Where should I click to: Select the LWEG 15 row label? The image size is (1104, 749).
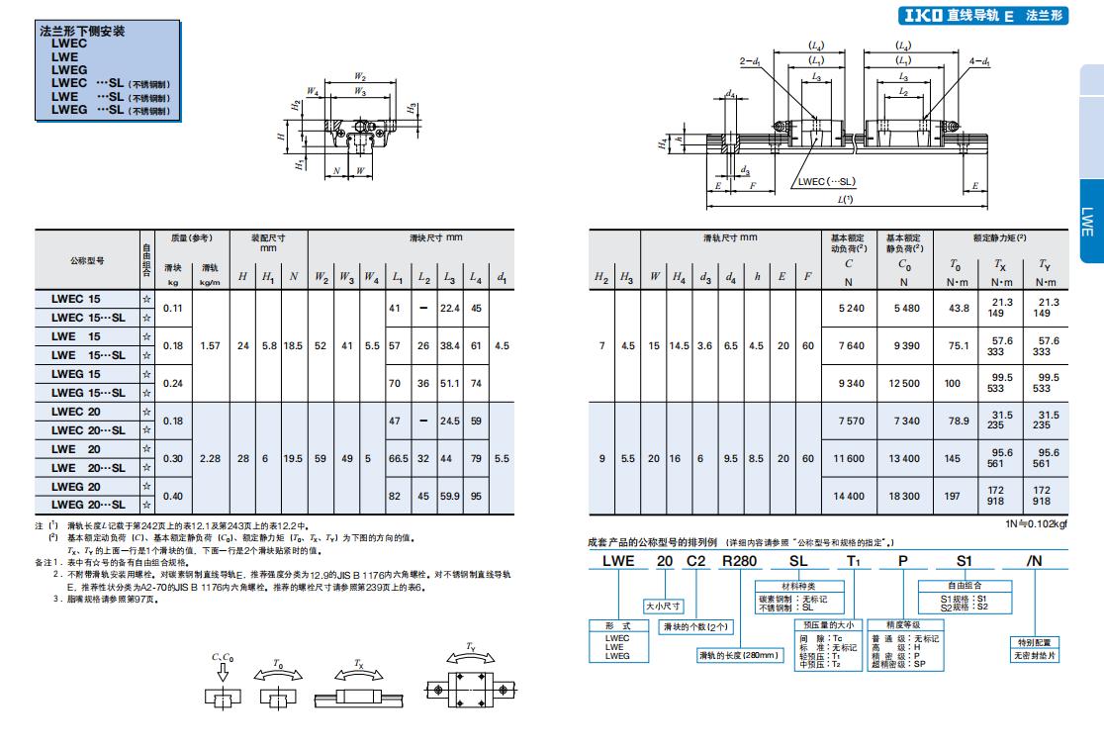[x=76, y=374]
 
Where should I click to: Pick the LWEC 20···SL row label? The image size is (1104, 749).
[x=88, y=430]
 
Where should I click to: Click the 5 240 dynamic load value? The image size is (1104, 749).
[x=851, y=308]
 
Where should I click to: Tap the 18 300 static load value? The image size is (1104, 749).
[x=906, y=496]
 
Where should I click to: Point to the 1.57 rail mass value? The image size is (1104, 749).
[x=211, y=345]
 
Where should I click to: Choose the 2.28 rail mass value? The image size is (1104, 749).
[x=211, y=458]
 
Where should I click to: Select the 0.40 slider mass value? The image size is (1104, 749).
[x=173, y=496]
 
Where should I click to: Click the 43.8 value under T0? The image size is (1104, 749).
[x=958, y=308]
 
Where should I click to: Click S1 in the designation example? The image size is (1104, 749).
[x=963, y=561]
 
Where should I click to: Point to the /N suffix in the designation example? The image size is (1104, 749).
[x=1035, y=561]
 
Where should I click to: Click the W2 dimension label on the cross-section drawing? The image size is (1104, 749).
[x=360, y=76]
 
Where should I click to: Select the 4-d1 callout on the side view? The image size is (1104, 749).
[x=979, y=61]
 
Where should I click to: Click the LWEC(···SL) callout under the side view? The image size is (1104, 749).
[x=826, y=182]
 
